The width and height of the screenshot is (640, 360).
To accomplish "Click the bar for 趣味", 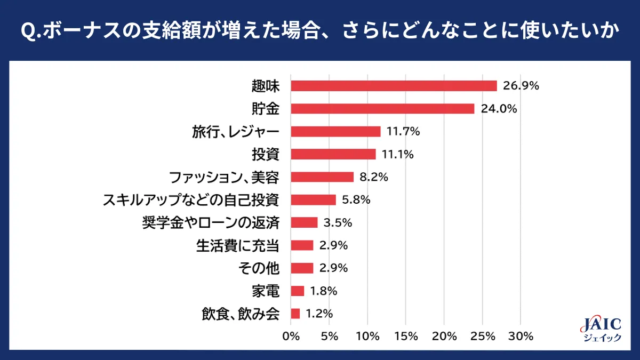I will [x=394, y=86].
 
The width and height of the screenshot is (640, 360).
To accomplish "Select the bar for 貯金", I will [x=382, y=109].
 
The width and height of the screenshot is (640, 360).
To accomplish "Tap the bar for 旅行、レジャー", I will [x=335, y=131].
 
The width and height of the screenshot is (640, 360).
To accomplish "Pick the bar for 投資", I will [x=333, y=154].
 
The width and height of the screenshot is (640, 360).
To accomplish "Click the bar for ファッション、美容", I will [x=322, y=177].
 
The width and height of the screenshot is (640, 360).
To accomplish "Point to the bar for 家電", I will [x=298, y=291].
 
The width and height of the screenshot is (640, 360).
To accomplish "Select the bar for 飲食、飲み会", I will [x=295, y=314].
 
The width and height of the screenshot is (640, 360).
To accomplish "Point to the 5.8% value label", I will [x=356, y=200].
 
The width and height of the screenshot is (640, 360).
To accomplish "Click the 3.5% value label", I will [x=338, y=222].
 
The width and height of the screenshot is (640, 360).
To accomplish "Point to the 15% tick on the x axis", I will [x=406, y=337].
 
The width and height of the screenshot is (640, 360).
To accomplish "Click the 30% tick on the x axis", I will [x=521, y=337].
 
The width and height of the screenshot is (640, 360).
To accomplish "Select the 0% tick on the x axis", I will [x=291, y=337].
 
